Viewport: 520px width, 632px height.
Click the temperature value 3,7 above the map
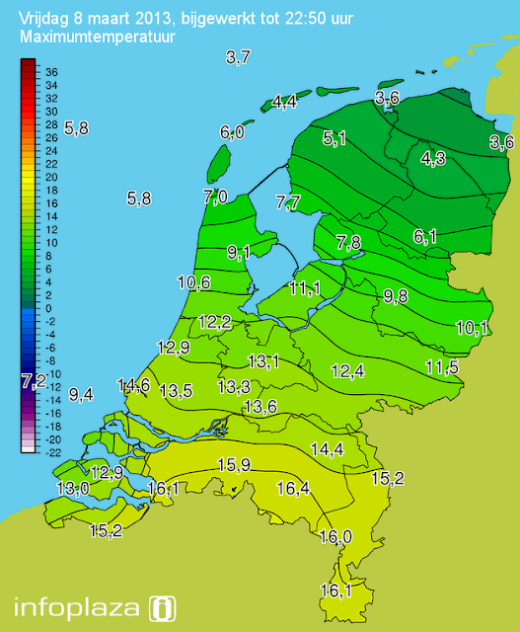pyautogui.click(x=238, y=57)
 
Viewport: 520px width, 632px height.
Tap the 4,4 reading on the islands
pyautogui.click(x=284, y=101)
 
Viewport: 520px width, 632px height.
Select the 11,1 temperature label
pyautogui.click(x=305, y=287)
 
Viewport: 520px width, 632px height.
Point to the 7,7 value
pyautogui.click(x=288, y=202)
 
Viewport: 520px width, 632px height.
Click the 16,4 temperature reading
pyautogui.click(x=293, y=488)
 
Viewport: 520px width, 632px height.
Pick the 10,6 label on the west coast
pyautogui.click(x=193, y=282)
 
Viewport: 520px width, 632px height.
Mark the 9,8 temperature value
pyautogui.click(x=396, y=295)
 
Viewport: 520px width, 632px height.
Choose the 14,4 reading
pyautogui.click(x=327, y=449)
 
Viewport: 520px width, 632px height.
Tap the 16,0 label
pyautogui.click(x=335, y=536)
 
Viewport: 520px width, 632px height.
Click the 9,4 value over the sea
pyautogui.click(x=81, y=394)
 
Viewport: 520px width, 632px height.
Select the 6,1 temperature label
pyautogui.click(x=425, y=236)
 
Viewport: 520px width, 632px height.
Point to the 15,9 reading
pyautogui.click(x=234, y=465)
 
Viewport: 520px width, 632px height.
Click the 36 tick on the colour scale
pyautogui.click(x=51, y=72)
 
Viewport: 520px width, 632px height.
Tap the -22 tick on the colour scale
pyautogui.click(x=53, y=451)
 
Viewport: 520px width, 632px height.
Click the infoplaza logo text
pyautogui.click(x=78, y=605)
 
